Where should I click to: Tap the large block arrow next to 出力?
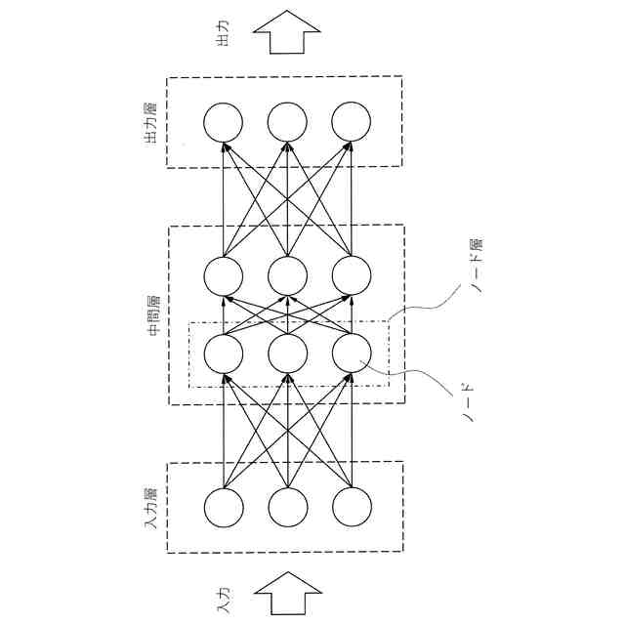[x=287, y=35]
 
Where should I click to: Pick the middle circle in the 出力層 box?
[x=287, y=122]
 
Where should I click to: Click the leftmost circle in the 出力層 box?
[x=224, y=122]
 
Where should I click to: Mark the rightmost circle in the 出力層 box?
[x=351, y=122]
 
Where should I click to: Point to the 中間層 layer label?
[x=153, y=315]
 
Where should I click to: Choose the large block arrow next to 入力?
[x=287, y=592]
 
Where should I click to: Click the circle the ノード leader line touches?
[x=351, y=353]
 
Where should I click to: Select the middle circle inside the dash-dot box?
[x=287, y=353]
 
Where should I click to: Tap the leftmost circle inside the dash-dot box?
[x=224, y=353]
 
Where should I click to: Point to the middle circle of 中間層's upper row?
[x=287, y=276]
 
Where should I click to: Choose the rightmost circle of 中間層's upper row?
[x=351, y=276]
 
